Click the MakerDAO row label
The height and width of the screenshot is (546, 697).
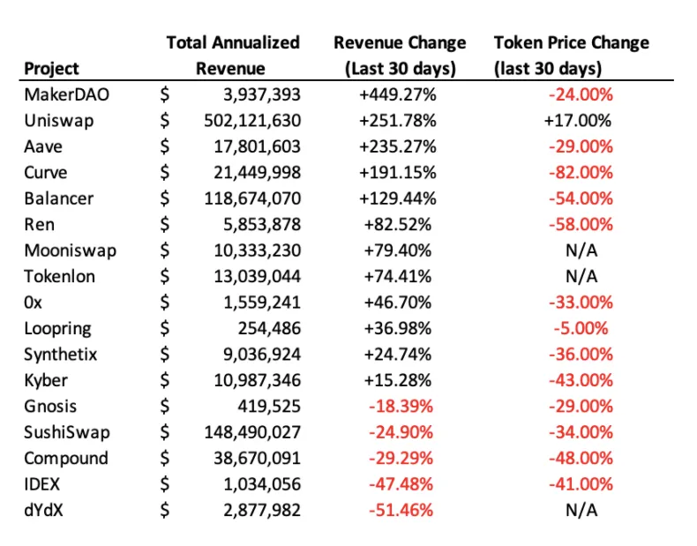point(67,94)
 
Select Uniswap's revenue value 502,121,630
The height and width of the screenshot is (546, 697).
point(252,121)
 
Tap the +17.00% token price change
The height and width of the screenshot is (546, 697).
point(578,121)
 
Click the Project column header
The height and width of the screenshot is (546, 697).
point(51,69)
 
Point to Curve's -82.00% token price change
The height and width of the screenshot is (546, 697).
point(581,173)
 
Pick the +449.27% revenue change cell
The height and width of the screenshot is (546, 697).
point(398,94)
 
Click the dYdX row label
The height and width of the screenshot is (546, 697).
point(43,510)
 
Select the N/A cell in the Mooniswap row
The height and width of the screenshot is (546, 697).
point(581,251)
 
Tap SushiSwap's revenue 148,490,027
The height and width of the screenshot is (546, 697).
point(252,432)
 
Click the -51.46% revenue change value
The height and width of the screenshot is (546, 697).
point(401,510)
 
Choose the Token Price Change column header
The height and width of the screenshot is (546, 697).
point(572,56)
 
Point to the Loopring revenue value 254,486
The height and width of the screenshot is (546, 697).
point(269,329)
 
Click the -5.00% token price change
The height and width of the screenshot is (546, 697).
point(581,329)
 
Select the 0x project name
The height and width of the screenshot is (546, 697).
point(33,303)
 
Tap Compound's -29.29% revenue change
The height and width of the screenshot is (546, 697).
point(401,459)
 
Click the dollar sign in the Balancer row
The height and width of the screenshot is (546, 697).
point(165,198)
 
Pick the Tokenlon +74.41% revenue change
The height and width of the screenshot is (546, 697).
point(398,277)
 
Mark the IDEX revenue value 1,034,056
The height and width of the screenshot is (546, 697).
point(262,484)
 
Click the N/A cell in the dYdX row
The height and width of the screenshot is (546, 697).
point(581,510)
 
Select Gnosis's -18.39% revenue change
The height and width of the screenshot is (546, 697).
point(401,407)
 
